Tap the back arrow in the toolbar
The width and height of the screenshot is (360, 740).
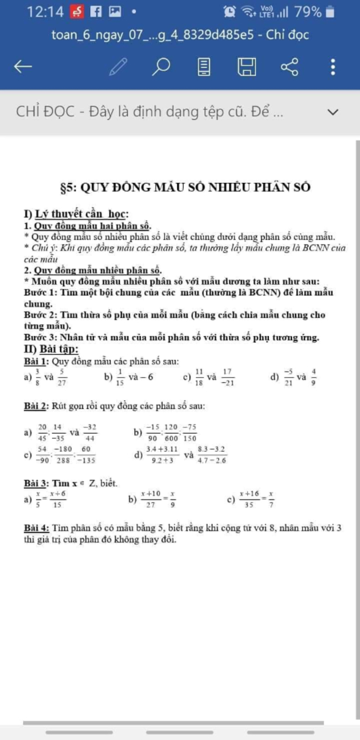(23, 66)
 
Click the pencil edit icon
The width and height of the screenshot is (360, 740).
(118, 66)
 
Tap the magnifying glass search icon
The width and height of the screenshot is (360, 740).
(161, 66)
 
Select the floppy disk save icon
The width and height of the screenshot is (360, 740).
(247, 66)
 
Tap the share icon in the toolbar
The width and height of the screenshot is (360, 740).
(290, 66)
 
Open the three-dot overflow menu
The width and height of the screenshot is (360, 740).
(333, 66)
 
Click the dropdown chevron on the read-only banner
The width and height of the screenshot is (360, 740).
(333, 112)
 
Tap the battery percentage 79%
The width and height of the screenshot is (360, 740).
(308, 12)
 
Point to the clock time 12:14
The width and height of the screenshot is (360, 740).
(45, 12)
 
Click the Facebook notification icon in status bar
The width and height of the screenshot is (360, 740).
(96, 12)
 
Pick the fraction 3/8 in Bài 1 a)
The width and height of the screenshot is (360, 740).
(37, 377)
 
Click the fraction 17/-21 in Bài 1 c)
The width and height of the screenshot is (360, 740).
(227, 377)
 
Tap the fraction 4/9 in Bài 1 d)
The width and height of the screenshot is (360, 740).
(313, 377)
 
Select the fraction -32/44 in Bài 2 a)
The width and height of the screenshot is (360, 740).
(90, 433)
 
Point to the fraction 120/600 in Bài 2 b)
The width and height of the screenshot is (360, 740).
(171, 433)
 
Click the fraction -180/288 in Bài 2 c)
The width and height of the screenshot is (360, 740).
(63, 455)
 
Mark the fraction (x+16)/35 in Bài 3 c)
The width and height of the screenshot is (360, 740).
(249, 499)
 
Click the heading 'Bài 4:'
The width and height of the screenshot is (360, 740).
(37, 528)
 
